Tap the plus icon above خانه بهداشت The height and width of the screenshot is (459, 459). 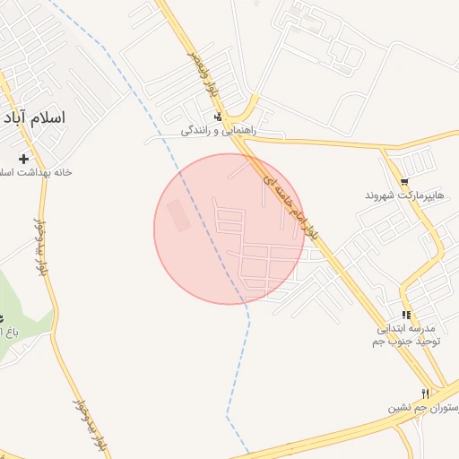23,158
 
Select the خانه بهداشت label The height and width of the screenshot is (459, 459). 36,171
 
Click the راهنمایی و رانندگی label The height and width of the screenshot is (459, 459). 219,131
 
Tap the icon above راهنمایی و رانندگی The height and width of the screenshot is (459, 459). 218,117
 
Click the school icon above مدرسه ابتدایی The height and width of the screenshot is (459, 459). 406,315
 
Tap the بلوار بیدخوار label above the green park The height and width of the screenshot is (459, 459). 39,246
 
